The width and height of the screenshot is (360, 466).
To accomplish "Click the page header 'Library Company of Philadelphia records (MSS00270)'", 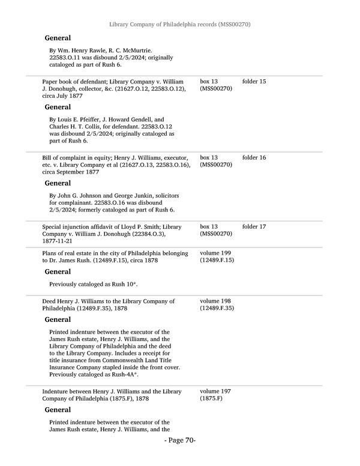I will coord(180,25).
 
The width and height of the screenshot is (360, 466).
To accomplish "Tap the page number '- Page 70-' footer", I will coord(180,440).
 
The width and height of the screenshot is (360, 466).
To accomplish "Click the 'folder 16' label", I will coord(254,157).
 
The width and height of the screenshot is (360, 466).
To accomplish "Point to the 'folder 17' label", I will coord(254,226).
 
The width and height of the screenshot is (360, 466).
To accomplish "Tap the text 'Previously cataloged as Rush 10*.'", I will coord(98,283).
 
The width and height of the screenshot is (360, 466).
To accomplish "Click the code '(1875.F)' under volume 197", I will coord(211,398).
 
